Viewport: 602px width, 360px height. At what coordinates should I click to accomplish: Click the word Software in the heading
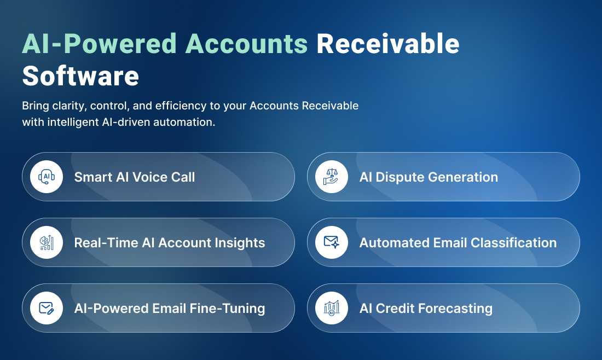point(80,76)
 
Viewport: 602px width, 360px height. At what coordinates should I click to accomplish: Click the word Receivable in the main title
point(388,44)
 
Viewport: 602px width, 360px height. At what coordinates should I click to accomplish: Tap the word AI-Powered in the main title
point(99,44)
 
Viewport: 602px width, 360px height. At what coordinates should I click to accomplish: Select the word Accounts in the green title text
point(246,44)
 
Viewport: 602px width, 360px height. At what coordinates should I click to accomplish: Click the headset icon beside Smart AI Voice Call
point(47,177)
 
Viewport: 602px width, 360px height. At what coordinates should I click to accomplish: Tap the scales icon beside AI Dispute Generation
point(331,177)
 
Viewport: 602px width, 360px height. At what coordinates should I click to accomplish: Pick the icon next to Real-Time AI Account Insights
point(47,242)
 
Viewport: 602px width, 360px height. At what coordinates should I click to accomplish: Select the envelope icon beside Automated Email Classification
point(331,242)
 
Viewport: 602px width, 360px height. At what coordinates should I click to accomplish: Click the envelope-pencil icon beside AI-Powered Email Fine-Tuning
point(47,308)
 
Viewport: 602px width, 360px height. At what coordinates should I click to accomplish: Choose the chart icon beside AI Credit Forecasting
point(331,308)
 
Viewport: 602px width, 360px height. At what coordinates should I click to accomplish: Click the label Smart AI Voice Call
point(135,177)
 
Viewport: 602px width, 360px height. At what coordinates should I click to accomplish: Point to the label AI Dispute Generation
point(429,177)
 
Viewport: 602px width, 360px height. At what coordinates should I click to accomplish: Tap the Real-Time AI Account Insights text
point(170,243)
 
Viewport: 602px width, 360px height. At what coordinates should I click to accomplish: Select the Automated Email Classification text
point(458,243)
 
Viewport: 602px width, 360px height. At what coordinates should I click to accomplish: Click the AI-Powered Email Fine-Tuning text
point(170,309)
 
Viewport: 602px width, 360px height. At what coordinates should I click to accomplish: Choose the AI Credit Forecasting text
point(426,309)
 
